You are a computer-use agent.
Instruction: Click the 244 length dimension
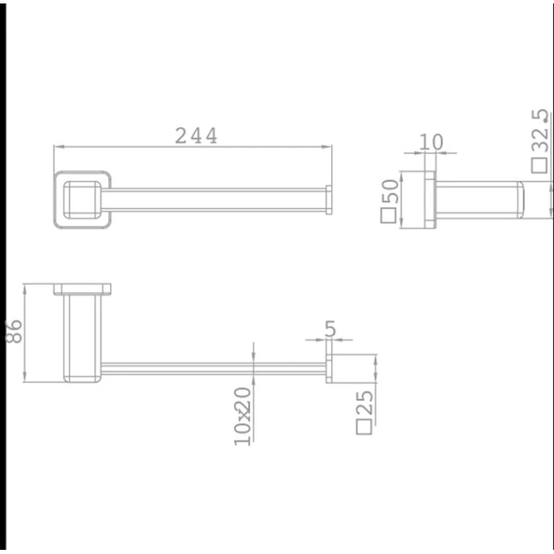tap(196, 136)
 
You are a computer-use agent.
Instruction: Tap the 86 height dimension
tap(14, 332)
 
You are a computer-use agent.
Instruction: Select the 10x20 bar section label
tap(243, 416)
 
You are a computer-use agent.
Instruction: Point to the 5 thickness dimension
tap(330, 329)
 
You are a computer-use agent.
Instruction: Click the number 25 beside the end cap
tap(364, 403)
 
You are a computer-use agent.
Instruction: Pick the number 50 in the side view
tap(390, 191)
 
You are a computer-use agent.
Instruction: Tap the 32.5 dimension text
tap(540, 131)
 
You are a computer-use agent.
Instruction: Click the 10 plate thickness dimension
tap(431, 142)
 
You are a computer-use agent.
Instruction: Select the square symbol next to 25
tap(364, 427)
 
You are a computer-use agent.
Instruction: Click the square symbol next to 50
tap(388, 215)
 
